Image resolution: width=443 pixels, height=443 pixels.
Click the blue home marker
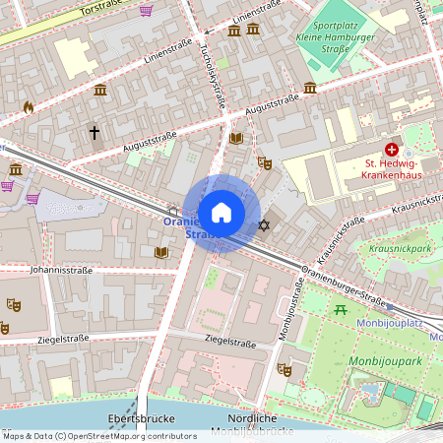click(221, 213)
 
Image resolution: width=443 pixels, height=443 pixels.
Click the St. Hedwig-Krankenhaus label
click(392, 169)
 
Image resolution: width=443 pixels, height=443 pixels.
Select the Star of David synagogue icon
click(263, 227)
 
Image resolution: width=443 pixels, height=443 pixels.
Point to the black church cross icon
click(95, 131)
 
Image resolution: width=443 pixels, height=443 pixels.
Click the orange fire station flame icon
click(28, 106)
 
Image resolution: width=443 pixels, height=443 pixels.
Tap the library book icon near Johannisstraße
click(161, 253)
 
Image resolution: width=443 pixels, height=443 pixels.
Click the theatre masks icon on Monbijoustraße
click(285, 369)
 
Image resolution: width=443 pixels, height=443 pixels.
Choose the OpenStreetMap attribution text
click(98, 435)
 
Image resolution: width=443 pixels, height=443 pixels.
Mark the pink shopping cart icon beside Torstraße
click(147, 10)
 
